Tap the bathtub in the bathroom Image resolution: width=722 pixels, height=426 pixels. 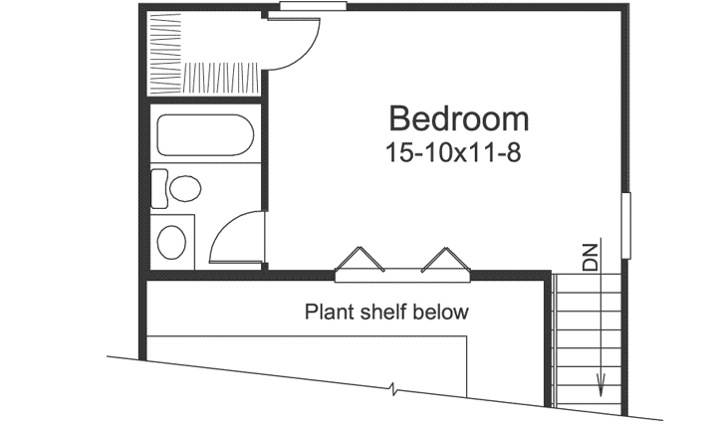[x=203, y=137]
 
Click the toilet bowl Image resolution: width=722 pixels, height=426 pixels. [x=184, y=188]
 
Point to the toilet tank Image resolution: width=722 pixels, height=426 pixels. [x=158, y=188]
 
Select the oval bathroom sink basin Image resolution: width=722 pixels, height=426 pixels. [x=174, y=241]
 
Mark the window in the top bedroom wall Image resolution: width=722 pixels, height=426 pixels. [x=312, y=6]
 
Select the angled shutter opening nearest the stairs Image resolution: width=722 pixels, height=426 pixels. [x=443, y=259]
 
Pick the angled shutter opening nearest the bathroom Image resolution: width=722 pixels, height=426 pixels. [x=360, y=259]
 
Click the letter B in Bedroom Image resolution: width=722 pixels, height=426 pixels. [x=400, y=119]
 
